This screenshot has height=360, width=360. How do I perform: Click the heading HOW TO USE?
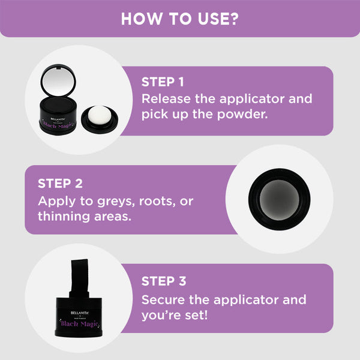pyautogui.click(x=180, y=19)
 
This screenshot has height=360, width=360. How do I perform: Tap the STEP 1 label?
pyautogui.click(x=163, y=82)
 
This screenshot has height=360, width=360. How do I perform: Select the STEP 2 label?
pyautogui.click(x=60, y=184)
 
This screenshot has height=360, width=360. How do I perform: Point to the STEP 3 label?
pyautogui.click(x=164, y=281)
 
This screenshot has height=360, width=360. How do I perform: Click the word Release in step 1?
pyautogui.click(x=166, y=99)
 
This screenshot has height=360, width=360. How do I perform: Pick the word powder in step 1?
pyautogui.click(x=242, y=115)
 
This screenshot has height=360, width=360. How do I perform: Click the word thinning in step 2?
pyautogui.click(x=64, y=217)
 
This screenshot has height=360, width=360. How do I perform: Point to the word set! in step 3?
pyautogui.click(x=196, y=315)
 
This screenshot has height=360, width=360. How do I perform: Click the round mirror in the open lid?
pyautogui.click(x=59, y=80)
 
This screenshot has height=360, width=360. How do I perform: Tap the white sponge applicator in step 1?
pyautogui.click(x=100, y=115)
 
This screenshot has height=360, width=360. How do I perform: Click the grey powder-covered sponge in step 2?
pyautogui.click(x=279, y=200)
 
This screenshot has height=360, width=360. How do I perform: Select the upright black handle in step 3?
pyautogui.click(x=80, y=278)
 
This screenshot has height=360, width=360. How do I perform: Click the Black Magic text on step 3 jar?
pyautogui.click(x=79, y=324)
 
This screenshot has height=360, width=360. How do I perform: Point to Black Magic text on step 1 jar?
pyautogui.click(x=58, y=125)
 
